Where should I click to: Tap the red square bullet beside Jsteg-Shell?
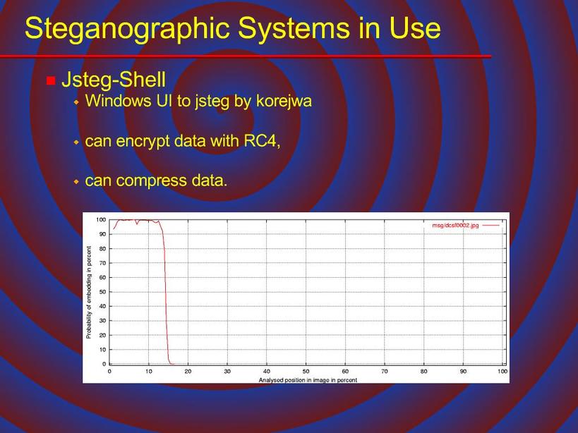(51, 80)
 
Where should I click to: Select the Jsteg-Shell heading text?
(114, 80)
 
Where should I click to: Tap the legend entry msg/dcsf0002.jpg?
(456, 225)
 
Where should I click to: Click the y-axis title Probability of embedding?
(88, 293)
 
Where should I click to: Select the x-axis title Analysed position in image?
(308, 380)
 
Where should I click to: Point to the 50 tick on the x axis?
(306, 372)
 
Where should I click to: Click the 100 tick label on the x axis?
(502, 372)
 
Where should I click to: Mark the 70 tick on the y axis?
(102, 263)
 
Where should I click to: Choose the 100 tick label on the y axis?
(101, 220)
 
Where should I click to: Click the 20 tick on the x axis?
(188, 372)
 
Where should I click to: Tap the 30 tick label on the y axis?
(102, 321)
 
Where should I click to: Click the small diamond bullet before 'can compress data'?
(76, 181)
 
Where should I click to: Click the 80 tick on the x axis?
(424, 372)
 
